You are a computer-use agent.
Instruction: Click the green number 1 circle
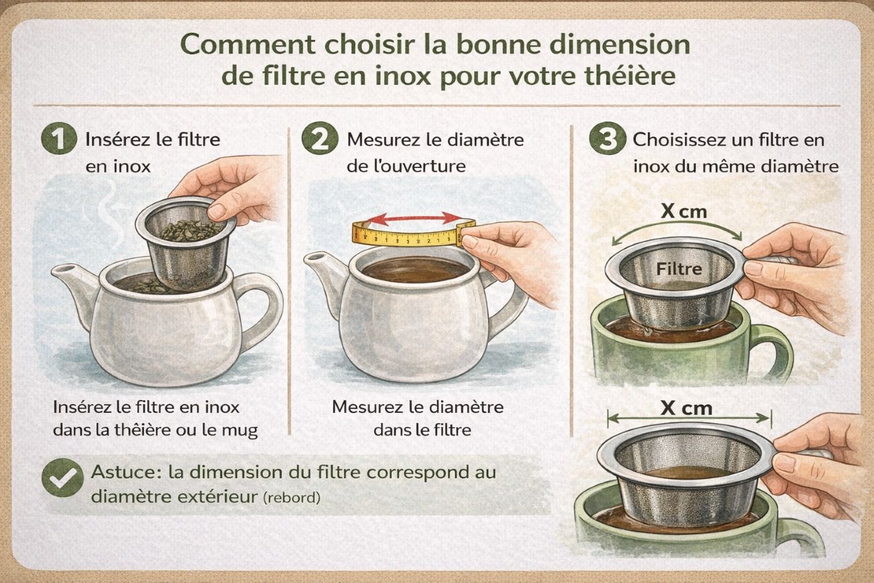[x=59, y=139]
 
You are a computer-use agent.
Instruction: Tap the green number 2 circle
[x=319, y=139]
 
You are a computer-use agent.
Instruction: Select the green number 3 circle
[x=607, y=139]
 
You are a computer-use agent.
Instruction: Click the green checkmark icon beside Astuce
[x=63, y=477]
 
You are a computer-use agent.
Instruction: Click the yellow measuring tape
[x=413, y=234]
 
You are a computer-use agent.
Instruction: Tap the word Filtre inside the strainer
[x=679, y=269]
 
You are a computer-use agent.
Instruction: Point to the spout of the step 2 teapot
[x=324, y=273]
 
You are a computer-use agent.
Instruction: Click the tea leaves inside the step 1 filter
[x=191, y=230]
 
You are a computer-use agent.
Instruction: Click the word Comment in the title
[x=248, y=44]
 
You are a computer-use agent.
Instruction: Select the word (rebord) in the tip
[x=292, y=498]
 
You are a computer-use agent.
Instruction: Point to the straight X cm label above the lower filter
[x=686, y=408]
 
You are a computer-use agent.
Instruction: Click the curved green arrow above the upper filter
[x=677, y=224]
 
